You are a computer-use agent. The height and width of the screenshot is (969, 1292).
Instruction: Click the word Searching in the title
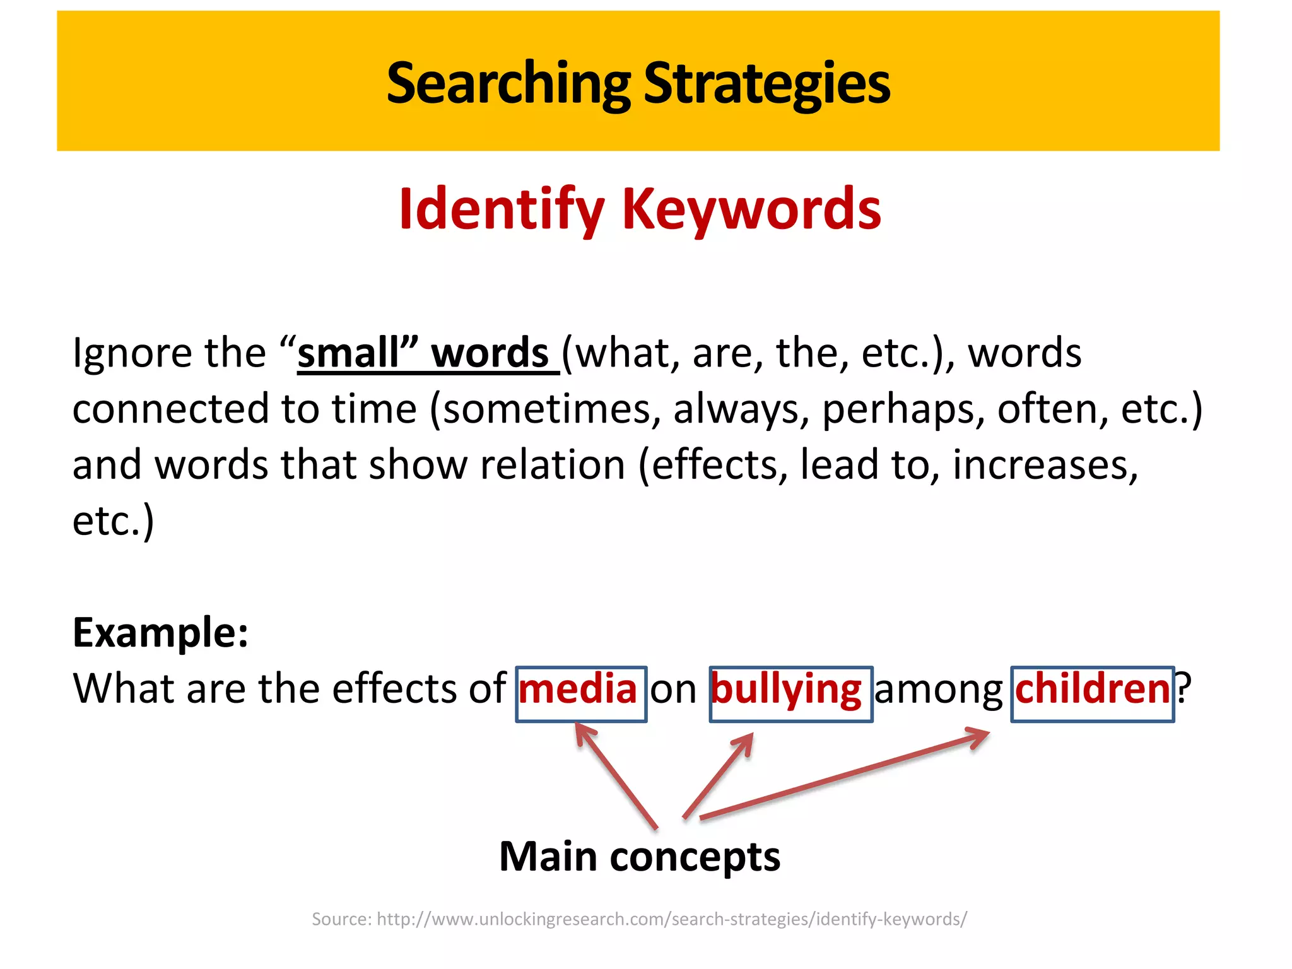pos(508,84)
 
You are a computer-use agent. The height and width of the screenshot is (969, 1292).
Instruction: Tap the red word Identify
pos(502,209)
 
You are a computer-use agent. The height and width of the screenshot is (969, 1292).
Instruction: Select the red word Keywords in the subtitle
pos(751,209)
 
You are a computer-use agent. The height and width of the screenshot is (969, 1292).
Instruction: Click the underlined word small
pos(349,353)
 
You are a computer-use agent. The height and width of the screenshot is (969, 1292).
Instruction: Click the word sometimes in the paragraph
pos(546,409)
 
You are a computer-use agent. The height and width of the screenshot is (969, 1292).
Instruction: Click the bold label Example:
pos(160,632)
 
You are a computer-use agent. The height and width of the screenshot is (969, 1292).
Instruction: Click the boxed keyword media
pos(578,689)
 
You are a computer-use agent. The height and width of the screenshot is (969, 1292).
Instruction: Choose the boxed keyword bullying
pos(786,690)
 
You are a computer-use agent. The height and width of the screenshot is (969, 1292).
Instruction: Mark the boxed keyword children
pos(1092,689)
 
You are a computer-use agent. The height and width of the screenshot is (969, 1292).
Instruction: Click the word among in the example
pos(938,690)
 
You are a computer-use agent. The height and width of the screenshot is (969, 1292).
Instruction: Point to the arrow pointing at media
pos(616,775)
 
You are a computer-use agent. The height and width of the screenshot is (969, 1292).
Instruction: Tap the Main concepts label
pos(640,857)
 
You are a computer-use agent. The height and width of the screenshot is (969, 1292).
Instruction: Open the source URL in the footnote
pos(671,919)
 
